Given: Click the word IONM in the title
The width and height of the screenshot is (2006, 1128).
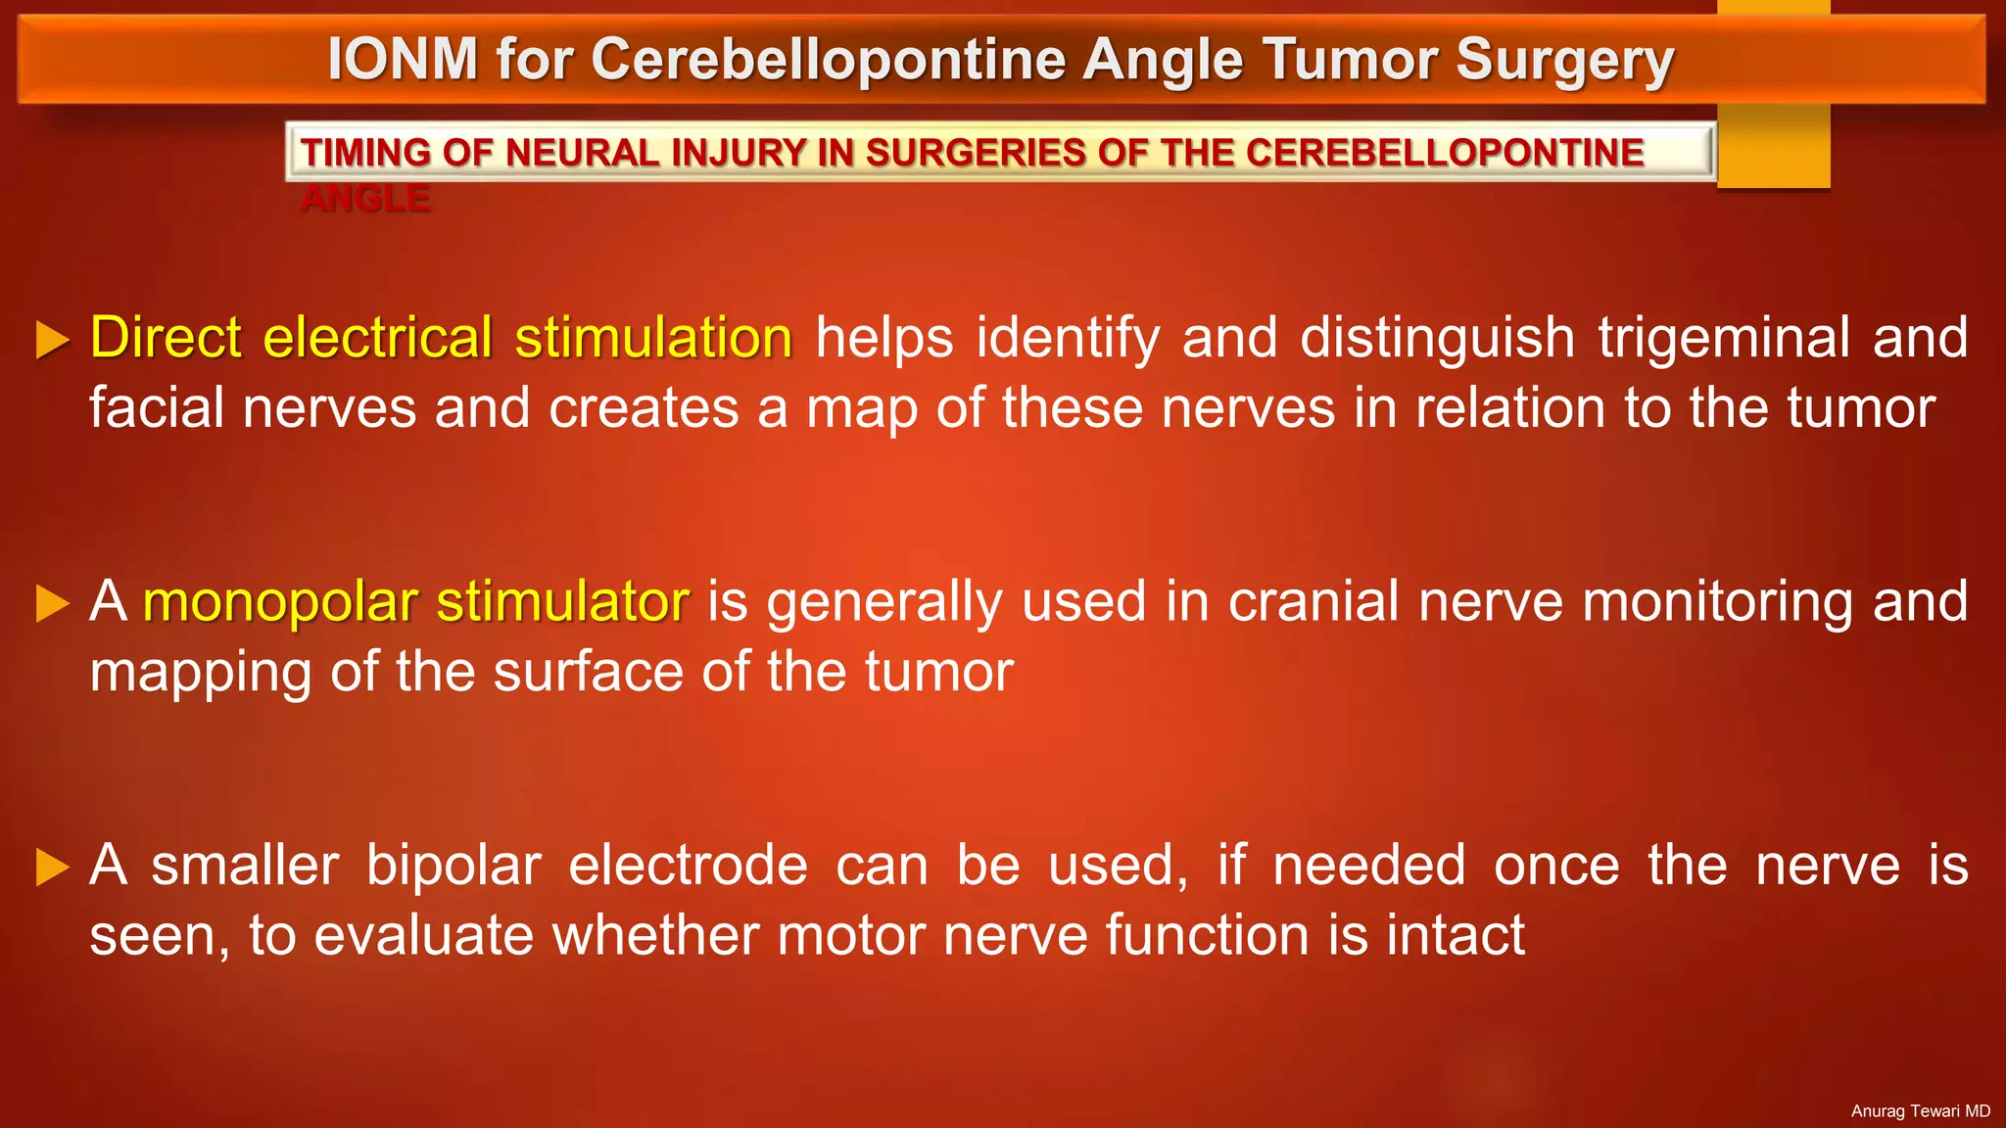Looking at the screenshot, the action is click(x=403, y=60).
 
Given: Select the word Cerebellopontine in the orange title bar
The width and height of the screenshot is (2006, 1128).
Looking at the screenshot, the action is click(x=828, y=60).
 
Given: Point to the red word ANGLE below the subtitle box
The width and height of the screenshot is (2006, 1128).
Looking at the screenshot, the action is click(x=365, y=200).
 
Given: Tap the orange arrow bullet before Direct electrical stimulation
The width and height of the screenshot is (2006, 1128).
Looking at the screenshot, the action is click(x=52, y=340).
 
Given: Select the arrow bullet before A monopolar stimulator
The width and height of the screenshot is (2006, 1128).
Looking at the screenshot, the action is click(x=52, y=604).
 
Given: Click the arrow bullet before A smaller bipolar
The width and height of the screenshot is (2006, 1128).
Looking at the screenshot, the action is click(x=52, y=868).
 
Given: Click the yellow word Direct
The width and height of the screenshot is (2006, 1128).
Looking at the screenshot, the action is click(x=166, y=338).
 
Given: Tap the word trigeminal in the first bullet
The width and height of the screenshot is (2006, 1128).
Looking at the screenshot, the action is click(x=1724, y=339).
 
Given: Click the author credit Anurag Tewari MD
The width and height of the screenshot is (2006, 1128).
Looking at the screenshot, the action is click(x=1920, y=1111).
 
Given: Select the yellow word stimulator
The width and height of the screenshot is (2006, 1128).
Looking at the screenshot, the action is click(x=562, y=602).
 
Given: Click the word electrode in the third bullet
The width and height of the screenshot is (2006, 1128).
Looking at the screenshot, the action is click(x=688, y=867).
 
